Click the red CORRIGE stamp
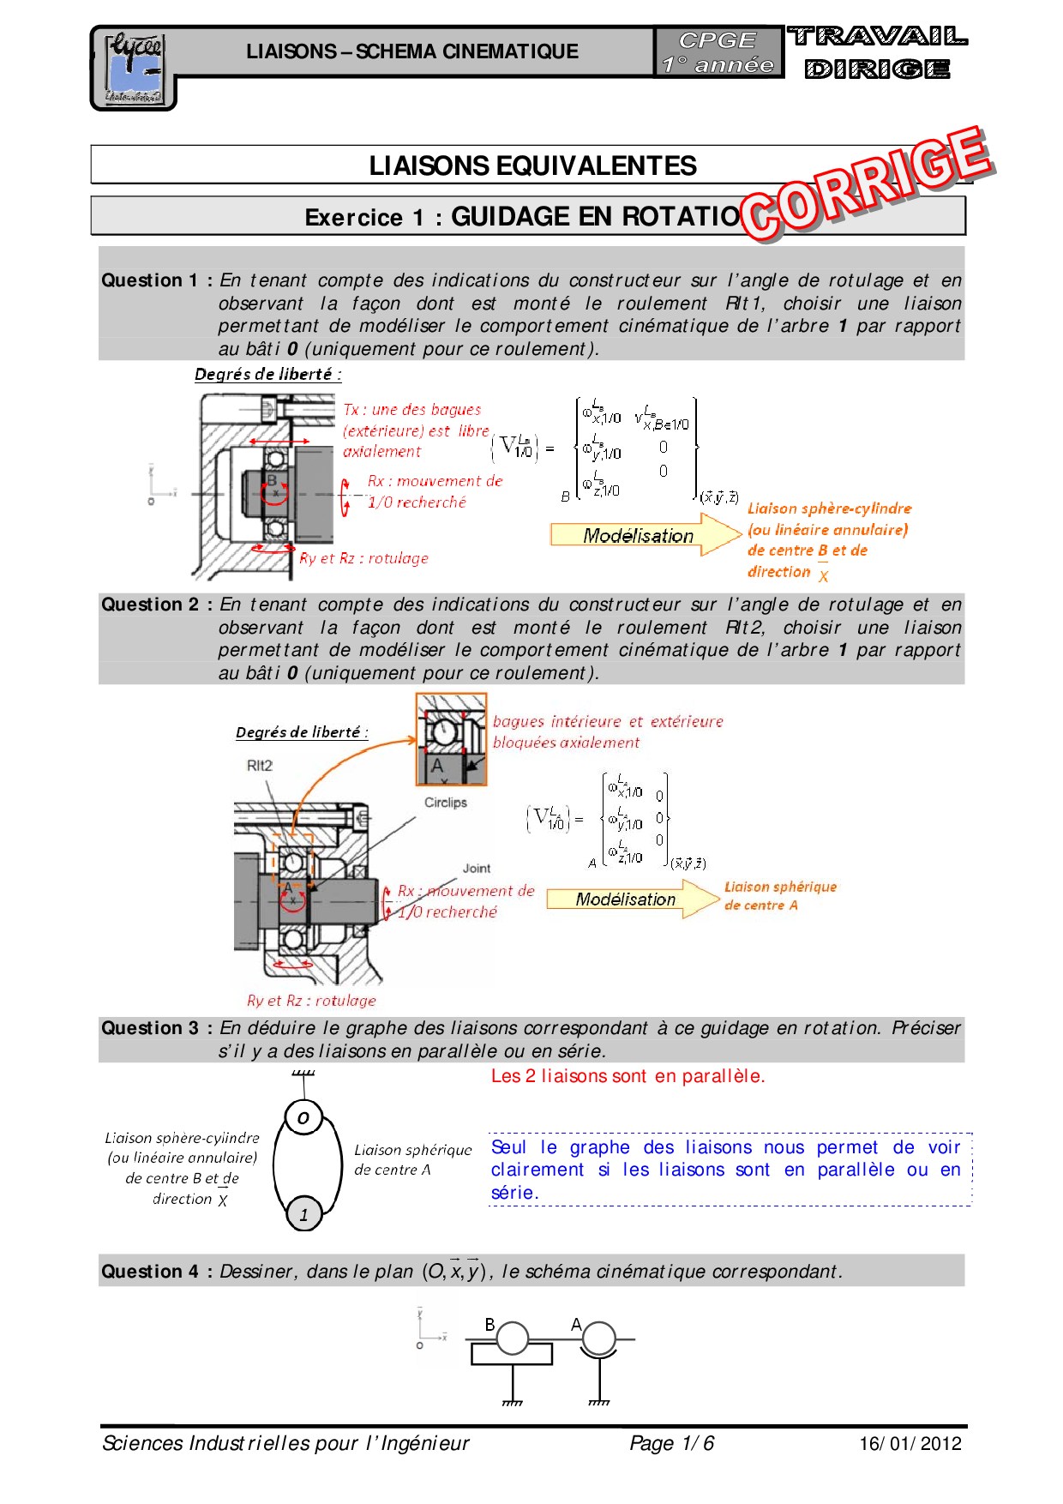click(x=866, y=184)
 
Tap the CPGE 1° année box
click(x=718, y=52)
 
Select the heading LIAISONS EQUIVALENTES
click(x=532, y=165)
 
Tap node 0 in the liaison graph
click(x=303, y=1117)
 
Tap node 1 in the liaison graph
click(x=303, y=1214)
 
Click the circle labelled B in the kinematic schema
click(x=513, y=1338)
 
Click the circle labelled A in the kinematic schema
click(x=598, y=1338)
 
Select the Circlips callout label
click(x=446, y=803)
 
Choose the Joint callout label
click(x=477, y=869)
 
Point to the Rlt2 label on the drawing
click(x=260, y=766)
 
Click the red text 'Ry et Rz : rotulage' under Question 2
click(x=311, y=1001)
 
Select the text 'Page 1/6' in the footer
click(x=671, y=1443)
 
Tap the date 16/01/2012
click(x=910, y=1443)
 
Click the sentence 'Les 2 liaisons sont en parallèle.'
click(x=628, y=1076)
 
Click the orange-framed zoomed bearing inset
click(x=451, y=739)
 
